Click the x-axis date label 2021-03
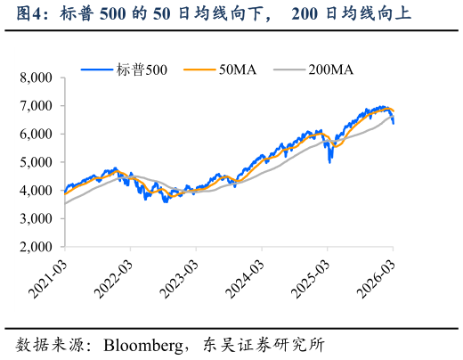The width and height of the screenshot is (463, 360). [x=49, y=277]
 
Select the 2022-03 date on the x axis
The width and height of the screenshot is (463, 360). [x=115, y=277]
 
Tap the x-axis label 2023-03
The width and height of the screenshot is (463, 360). [x=181, y=277]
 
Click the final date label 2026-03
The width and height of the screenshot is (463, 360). [x=378, y=277]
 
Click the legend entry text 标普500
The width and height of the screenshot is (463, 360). [x=142, y=68]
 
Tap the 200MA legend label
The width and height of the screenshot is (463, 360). [x=330, y=68]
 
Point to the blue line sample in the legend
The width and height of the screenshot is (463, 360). [x=97, y=68]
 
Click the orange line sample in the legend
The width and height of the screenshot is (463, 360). [x=199, y=68]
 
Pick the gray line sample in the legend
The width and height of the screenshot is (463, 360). [x=288, y=68]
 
